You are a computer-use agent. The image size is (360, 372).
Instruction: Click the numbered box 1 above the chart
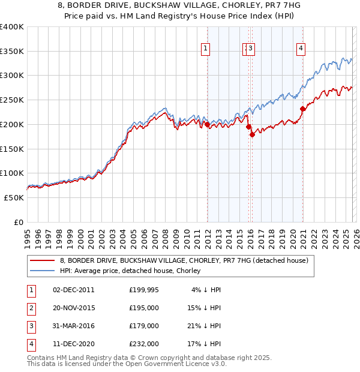(x=205, y=49)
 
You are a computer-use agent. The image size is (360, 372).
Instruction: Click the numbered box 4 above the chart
(x=301, y=49)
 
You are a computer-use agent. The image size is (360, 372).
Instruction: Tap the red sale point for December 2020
(x=303, y=109)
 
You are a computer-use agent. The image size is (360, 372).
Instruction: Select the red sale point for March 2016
(x=253, y=134)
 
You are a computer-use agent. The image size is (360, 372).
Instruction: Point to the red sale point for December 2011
(x=207, y=124)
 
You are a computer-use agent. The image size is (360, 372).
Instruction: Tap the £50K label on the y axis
(x=14, y=197)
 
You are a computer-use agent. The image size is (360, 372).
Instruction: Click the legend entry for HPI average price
(x=130, y=271)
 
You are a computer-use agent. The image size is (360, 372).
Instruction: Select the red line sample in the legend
(x=43, y=260)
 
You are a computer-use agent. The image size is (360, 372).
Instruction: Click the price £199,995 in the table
(x=143, y=290)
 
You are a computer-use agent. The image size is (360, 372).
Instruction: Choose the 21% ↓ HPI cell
(x=206, y=326)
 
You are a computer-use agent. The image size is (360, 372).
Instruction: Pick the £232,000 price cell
(x=143, y=344)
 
